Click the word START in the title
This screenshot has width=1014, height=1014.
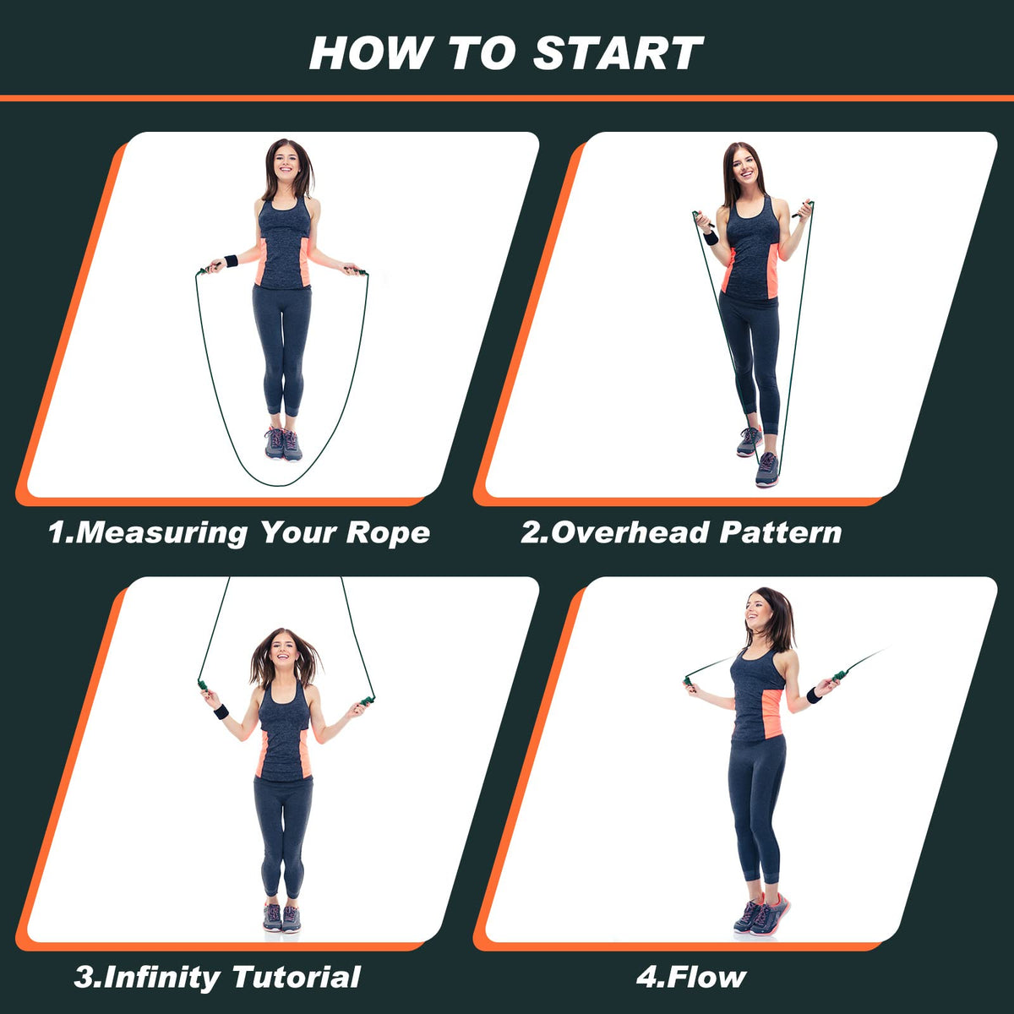tap(618, 53)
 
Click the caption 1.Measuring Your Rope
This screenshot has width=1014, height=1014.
tap(239, 532)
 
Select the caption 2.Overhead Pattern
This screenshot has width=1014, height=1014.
tap(681, 532)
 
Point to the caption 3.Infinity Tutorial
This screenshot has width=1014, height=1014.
tap(217, 978)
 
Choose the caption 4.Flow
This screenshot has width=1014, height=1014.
tap(691, 978)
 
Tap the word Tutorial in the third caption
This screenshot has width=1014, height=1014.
tap(297, 978)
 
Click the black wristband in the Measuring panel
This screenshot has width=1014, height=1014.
tap(231, 260)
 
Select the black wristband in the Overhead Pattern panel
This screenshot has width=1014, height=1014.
tap(711, 237)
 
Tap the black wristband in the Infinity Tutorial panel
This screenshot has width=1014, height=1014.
tap(221, 711)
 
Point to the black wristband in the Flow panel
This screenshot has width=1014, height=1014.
tap(814, 695)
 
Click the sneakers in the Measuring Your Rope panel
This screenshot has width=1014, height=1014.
tap(283, 444)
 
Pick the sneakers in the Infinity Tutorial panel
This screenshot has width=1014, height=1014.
tap(281, 918)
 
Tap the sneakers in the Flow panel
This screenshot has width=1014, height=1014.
tap(761, 914)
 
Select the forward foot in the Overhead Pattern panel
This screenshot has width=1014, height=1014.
tap(767, 469)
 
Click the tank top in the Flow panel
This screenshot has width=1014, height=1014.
tap(757, 697)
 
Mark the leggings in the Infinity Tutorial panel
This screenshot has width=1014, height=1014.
tap(283, 837)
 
